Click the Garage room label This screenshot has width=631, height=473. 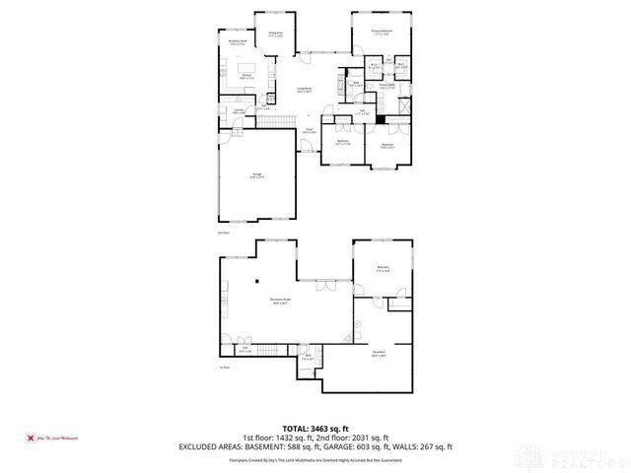coord(256,176)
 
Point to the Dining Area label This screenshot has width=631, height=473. coord(276,34)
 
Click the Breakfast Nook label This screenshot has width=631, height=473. coord(237,42)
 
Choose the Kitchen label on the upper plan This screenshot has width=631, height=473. coord(248,75)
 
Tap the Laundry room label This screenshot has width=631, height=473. coord(239,111)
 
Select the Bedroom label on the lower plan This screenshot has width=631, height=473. coord(383,269)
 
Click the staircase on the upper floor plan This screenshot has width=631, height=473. coord(277,120)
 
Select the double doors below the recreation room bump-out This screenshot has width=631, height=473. coord(321,287)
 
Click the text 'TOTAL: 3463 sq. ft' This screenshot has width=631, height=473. coord(315,428)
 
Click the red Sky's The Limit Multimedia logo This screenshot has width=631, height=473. coord(54,438)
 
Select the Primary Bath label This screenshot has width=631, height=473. coord(387,87)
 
